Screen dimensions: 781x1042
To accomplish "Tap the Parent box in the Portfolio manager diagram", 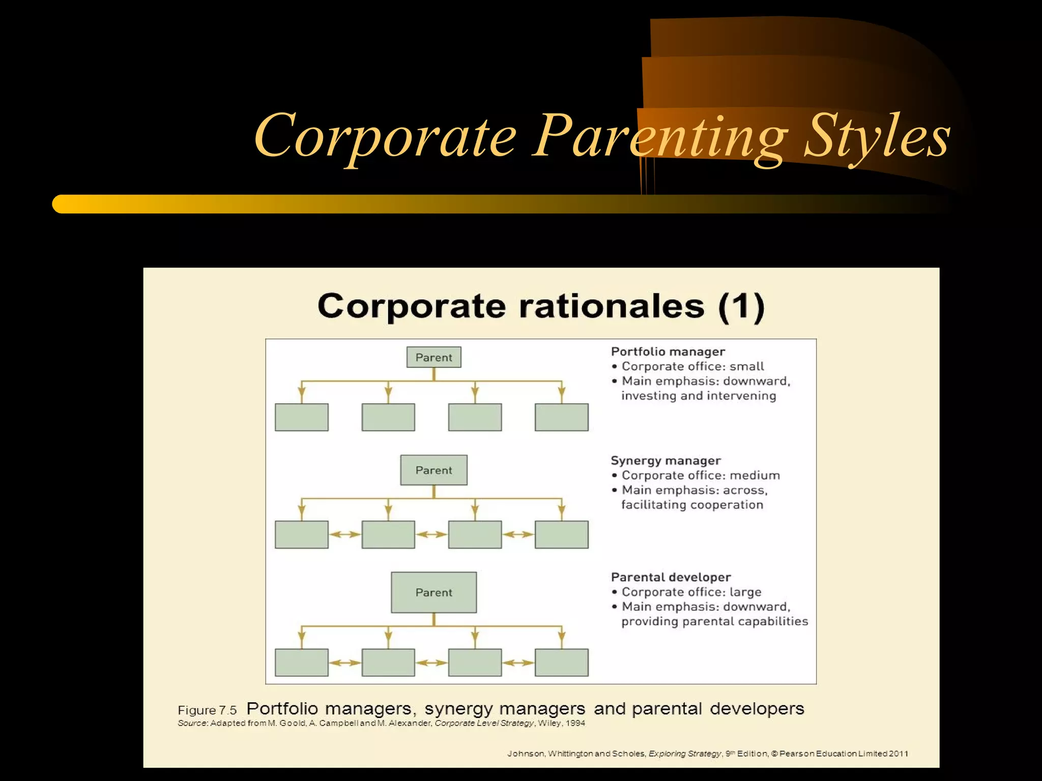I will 433,357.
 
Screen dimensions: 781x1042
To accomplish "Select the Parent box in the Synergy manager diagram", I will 433,470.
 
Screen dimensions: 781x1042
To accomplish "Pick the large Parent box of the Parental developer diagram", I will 433,592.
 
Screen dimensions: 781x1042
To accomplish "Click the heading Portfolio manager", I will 668,351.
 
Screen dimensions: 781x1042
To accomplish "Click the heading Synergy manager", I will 665,461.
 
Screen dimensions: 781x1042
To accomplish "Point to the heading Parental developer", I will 671,577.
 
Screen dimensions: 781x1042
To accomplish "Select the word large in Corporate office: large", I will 745,592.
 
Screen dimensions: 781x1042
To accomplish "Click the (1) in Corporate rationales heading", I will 741,307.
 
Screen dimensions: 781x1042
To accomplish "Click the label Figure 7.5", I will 207,710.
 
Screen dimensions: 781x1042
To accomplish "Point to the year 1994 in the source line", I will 575,723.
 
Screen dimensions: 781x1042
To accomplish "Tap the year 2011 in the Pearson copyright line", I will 899,754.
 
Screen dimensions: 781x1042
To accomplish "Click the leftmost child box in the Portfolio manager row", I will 301,417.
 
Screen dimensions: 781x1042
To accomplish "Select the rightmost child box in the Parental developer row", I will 561,663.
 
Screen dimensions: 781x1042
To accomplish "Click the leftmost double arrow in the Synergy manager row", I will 344,534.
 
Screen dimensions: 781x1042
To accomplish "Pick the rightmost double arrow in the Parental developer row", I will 518,663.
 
